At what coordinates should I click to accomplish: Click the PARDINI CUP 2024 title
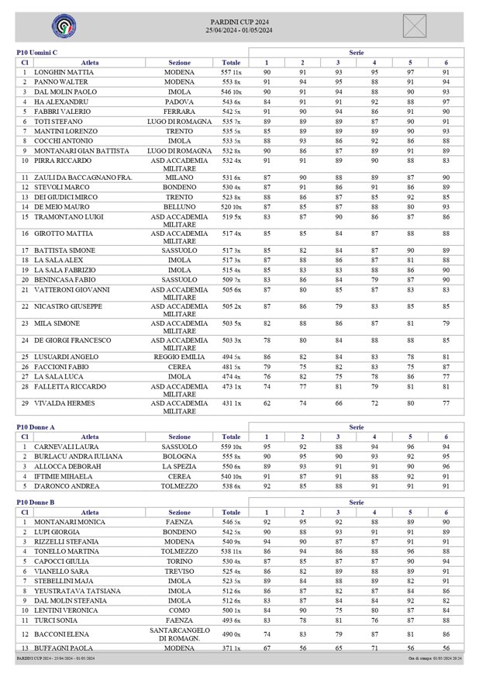coord(239,22)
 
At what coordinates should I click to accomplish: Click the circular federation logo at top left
coord(64,26)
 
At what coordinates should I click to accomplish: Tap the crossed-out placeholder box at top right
coord(415,26)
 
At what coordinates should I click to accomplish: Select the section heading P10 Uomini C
coord(37,52)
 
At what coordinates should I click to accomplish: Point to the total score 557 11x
coord(231,72)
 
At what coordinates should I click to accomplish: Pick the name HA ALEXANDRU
coord(56,102)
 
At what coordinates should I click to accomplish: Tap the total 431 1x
coord(231,403)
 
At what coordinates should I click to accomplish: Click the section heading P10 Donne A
coord(36,427)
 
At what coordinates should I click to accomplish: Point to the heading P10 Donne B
coord(36,503)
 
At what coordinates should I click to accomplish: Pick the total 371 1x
coord(231,648)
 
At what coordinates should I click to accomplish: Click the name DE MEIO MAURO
coord(58,208)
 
